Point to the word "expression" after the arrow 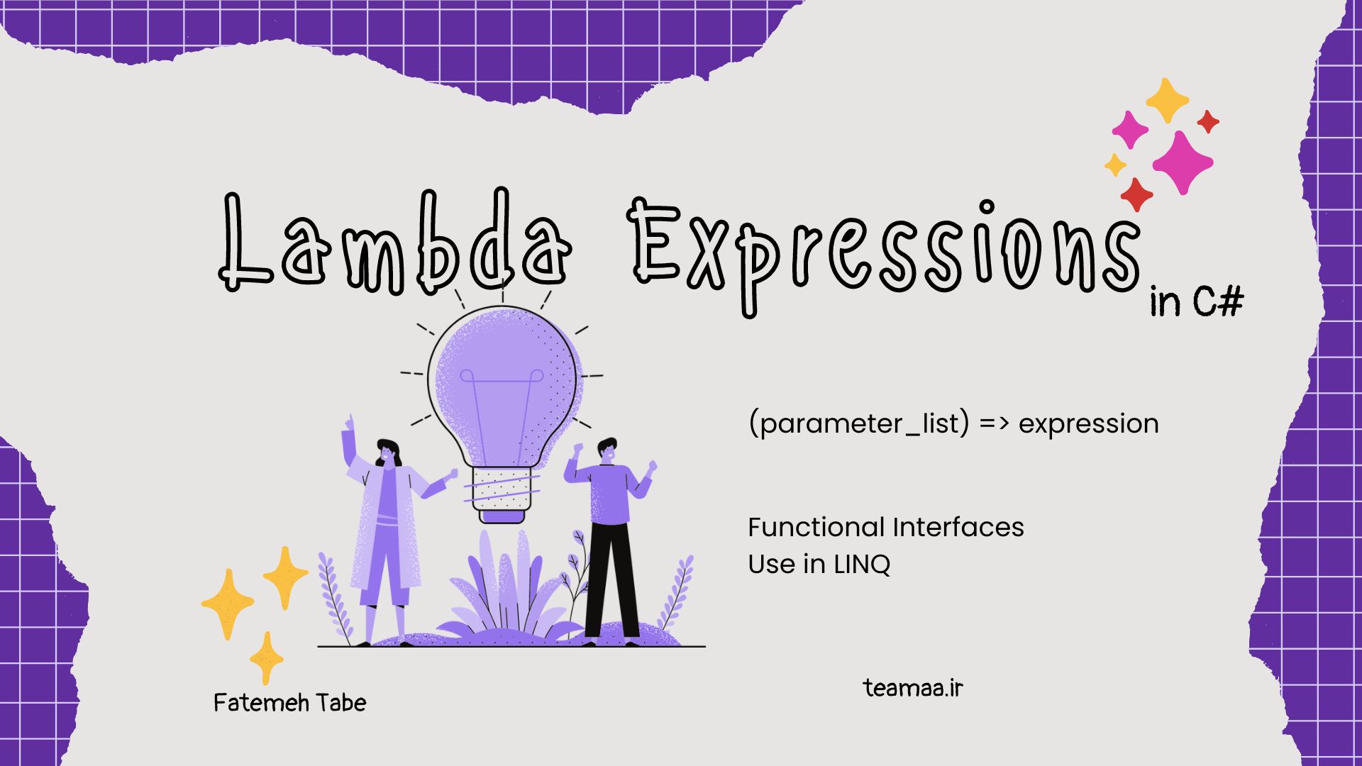pyautogui.click(x=1089, y=424)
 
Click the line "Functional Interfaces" pyautogui.click(x=886, y=527)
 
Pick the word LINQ pyautogui.click(x=862, y=565)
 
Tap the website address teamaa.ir pyautogui.click(x=914, y=687)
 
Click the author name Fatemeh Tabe pyautogui.click(x=290, y=703)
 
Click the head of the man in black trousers pyautogui.click(x=607, y=450)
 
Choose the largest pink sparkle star pyautogui.click(x=1183, y=162)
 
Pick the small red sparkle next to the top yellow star pyautogui.click(x=1208, y=122)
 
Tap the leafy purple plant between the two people pyautogui.click(x=507, y=589)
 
